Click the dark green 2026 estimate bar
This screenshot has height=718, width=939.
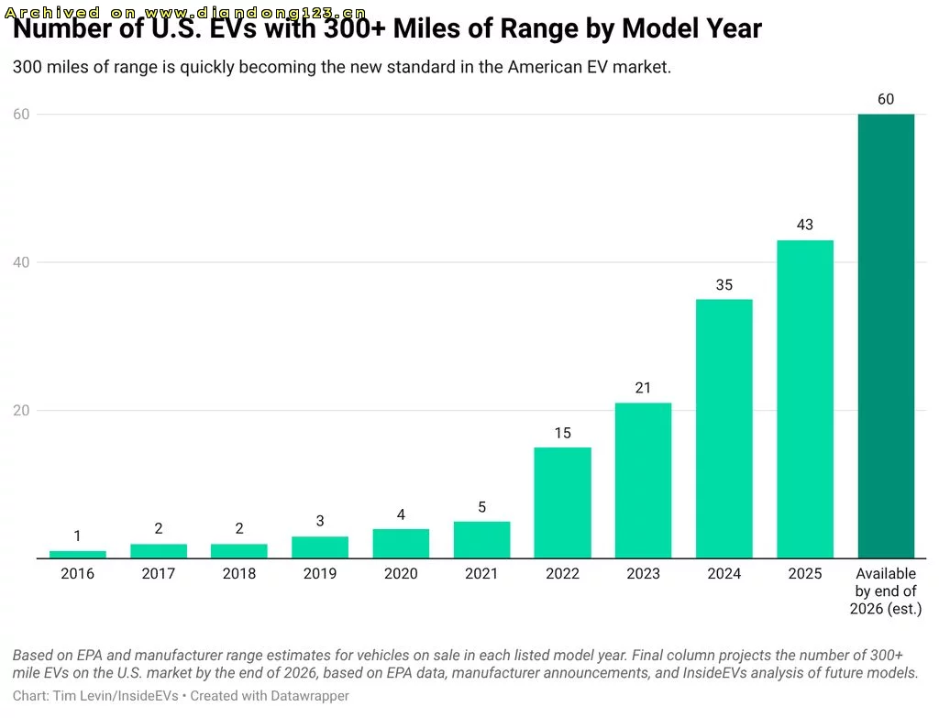click(x=886, y=336)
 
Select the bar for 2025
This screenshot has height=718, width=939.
click(x=805, y=399)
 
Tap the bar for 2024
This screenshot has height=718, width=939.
click(x=724, y=429)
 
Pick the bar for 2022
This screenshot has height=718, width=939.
click(x=562, y=503)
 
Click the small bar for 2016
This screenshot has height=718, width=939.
click(x=77, y=555)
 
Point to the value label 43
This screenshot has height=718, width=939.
click(x=805, y=225)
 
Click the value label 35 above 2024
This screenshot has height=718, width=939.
click(x=724, y=284)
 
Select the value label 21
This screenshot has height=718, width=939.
click(x=643, y=388)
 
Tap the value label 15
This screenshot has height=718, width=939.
click(x=562, y=432)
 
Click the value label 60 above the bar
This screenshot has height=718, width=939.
click(x=886, y=99)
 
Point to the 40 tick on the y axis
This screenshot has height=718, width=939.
click(x=21, y=262)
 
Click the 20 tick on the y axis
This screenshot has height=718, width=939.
click(x=21, y=410)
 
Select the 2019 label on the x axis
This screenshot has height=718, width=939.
click(x=320, y=573)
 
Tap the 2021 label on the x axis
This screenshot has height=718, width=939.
click(x=481, y=573)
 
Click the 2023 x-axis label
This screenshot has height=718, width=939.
click(x=643, y=573)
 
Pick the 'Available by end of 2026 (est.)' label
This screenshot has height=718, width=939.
click(x=886, y=591)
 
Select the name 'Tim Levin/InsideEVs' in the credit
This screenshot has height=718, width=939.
click(x=116, y=696)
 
